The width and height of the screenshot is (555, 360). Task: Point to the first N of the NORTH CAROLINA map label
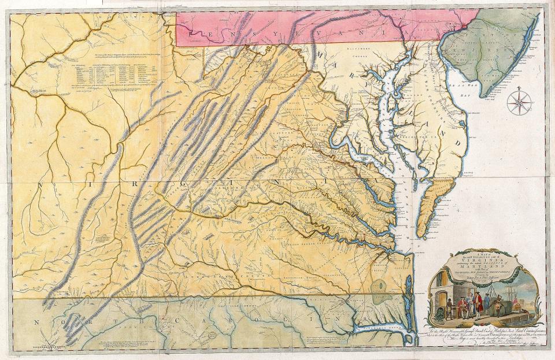click(36, 321)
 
